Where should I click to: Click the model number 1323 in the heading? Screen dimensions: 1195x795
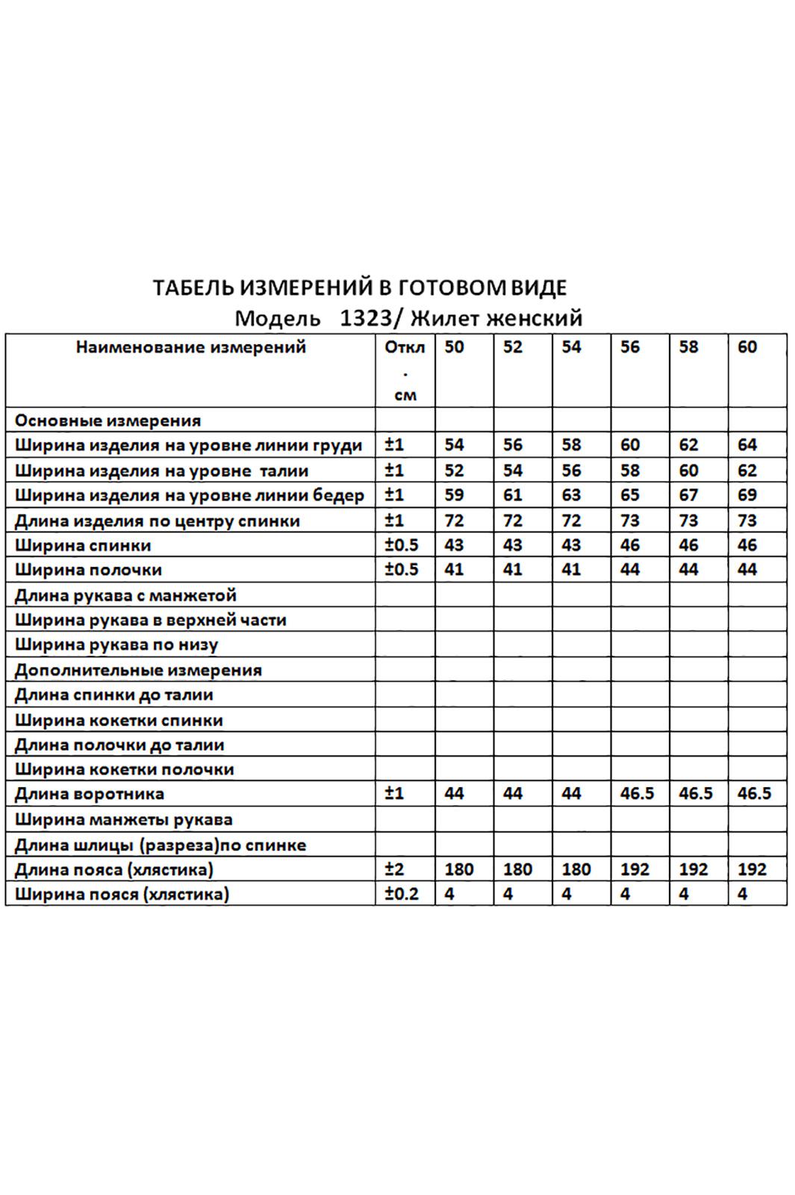pyautogui.click(x=365, y=319)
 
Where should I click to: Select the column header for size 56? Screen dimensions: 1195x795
pyautogui.click(x=630, y=347)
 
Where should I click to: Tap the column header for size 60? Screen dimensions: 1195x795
pyautogui.click(x=747, y=347)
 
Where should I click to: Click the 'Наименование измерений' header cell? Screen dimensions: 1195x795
pyautogui.click(x=191, y=347)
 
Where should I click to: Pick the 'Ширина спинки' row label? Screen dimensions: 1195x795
pyautogui.click(x=83, y=546)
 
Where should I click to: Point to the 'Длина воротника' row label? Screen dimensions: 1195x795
pyautogui.click(x=90, y=794)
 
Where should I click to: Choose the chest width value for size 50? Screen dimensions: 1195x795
pyautogui.click(x=454, y=445)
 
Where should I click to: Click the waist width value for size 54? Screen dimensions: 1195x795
pyautogui.click(x=571, y=471)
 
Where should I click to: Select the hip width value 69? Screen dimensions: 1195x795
pyautogui.click(x=747, y=495)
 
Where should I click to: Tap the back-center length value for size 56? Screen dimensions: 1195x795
pyautogui.click(x=630, y=521)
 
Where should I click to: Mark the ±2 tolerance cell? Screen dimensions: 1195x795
pyautogui.click(x=394, y=869)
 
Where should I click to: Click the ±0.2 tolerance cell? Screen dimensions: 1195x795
pyautogui.click(x=402, y=894)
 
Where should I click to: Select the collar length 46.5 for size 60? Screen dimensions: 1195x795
pyautogui.click(x=754, y=794)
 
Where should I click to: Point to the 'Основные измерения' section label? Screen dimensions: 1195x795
pyautogui.click(x=107, y=420)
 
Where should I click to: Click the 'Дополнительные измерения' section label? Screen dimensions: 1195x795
pyautogui.click(x=138, y=670)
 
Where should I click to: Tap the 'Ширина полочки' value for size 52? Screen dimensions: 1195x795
pyautogui.click(x=512, y=570)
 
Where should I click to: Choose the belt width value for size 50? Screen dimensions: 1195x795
pyautogui.click(x=449, y=894)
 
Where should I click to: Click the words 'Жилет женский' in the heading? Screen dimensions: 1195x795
pyautogui.click(x=496, y=319)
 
